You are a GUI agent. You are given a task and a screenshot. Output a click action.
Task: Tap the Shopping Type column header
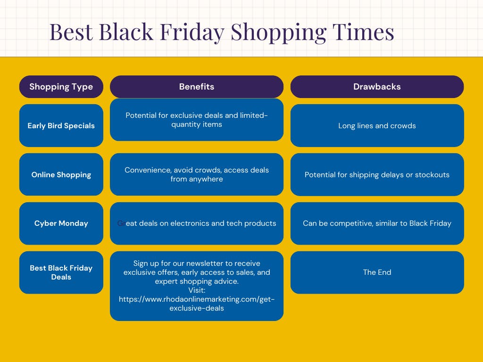pyautogui.click(x=61, y=87)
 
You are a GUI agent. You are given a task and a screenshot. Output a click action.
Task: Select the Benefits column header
pyautogui.click(x=197, y=87)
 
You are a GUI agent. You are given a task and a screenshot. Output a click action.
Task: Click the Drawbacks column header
pyautogui.click(x=377, y=87)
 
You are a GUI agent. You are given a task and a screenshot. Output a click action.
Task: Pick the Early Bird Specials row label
pyautogui.click(x=61, y=125)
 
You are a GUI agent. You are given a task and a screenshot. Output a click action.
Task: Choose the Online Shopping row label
pyautogui.click(x=61, y=174)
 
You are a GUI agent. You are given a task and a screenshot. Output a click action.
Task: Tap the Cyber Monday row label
pyautogui.click(x=61, y=223)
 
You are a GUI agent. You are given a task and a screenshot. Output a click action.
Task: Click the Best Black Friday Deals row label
pyautogui.click(x=61, y=272)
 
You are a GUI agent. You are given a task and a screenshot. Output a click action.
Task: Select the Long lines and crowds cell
pyautogui.click(x=377, y=125)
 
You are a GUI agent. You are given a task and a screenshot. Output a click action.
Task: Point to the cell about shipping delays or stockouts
pyautogui.click(x=377, y=174)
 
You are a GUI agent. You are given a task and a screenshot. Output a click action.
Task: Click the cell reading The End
pyautogui.click(x=377, y=272)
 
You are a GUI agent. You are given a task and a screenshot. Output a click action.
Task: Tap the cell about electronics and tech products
pyautogui.click(x=197, y=223)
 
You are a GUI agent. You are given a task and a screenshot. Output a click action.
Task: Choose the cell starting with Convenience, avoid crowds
pyautogui.click(x=197, y=174)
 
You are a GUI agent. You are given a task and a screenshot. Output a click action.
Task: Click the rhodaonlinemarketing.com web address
pyautogui.click(x=197, y=304)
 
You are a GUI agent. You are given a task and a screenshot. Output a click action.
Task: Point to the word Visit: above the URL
pyautogui.click(x=197, y=290)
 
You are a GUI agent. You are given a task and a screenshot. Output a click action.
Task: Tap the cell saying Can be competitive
pyautogui.click(x=377, y=223)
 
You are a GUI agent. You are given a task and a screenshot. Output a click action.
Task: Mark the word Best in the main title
pyautogui.click(x=71, y=32)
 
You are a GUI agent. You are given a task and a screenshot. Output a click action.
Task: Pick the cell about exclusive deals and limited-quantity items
pyautogui.click(x=197, y=120)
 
